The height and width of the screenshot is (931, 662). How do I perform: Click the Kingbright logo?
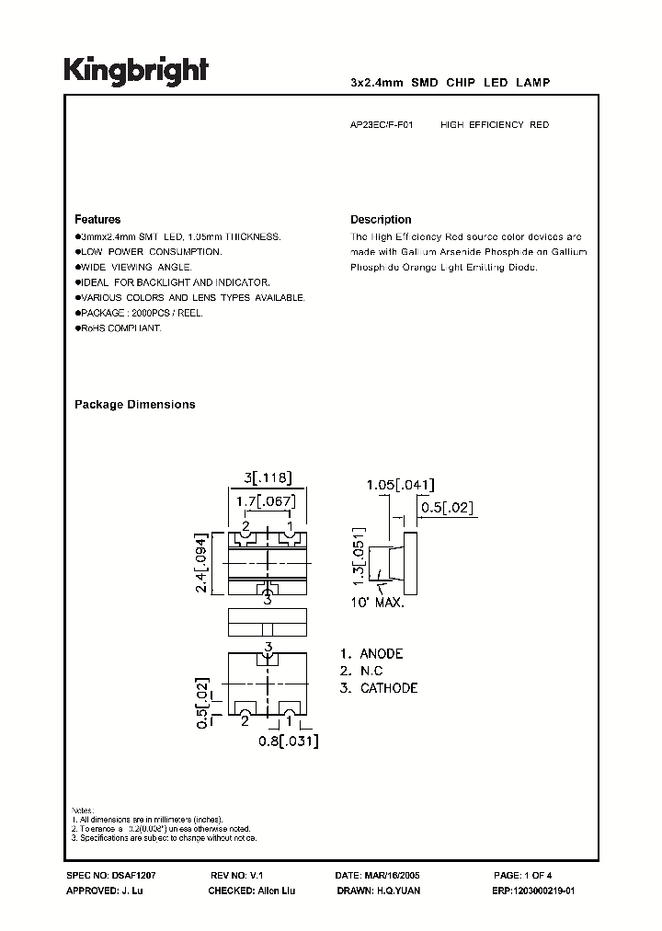click(x=136, y=70)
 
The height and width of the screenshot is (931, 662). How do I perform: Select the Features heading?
click(x=97, y=220)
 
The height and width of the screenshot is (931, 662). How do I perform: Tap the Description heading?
click(x=381, y=220)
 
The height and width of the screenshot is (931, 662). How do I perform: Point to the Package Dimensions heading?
click(x=134, y=405)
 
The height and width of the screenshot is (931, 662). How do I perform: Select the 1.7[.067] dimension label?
click(x=267, y=500)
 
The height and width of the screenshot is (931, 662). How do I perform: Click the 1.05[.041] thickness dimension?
click(x=400, y=485)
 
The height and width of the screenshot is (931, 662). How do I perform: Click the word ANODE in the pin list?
click(x=381, y=653)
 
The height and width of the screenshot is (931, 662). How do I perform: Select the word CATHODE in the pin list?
click(x=388, y=688)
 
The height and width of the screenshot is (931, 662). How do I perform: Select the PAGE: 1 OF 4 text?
click(x=535, y=877)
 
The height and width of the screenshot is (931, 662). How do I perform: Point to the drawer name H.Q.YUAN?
click(x=397, y=892)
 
